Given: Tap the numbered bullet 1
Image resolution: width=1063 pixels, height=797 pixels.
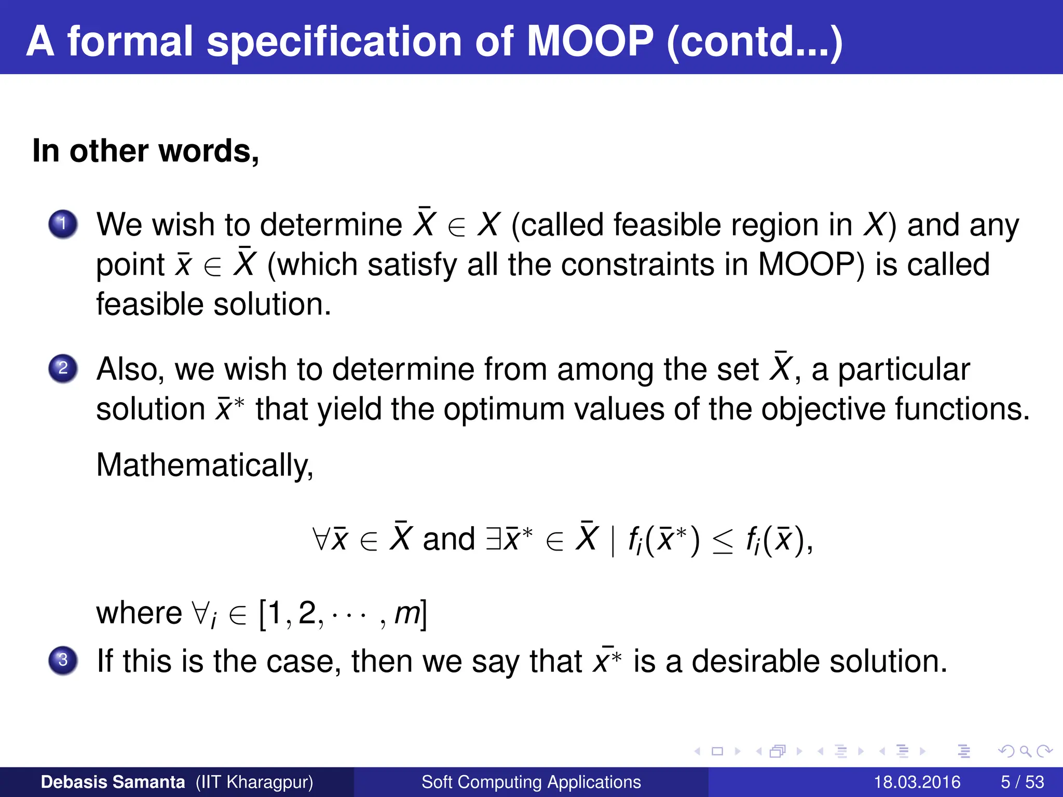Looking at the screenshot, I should [x=63, y=224].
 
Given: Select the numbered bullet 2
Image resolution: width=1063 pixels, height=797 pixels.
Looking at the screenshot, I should [x=63, y=368].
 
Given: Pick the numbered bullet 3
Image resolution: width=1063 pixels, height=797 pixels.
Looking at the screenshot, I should [x=63, y=660].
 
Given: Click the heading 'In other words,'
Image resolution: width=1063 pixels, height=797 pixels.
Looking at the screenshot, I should [x=145, y=151].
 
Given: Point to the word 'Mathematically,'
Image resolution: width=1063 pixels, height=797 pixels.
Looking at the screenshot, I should [x=205, y=465].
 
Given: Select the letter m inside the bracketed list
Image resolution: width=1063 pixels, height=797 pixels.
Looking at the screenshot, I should [x=407, y=614].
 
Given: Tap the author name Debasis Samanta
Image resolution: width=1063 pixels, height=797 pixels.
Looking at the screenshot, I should [x=113, y=782].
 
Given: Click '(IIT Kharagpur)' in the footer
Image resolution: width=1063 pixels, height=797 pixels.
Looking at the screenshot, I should [x=254, y=782].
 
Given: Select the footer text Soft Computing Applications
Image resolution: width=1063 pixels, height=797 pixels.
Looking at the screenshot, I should [x=531, y=782].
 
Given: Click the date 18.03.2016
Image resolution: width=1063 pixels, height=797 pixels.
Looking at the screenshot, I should [x=917, y=782].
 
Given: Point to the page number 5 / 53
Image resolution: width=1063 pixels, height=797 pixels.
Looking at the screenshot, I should [x=1022, y=782].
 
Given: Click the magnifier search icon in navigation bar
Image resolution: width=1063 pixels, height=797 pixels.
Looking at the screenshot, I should [x=1026, y=751].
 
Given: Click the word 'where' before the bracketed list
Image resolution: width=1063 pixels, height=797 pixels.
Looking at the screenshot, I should [x=139, y=613].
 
